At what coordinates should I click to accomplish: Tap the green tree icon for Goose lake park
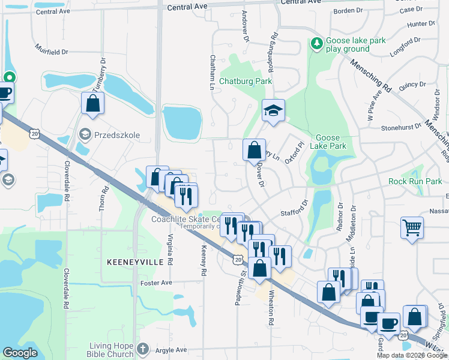coord(316,43)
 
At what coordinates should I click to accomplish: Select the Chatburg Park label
coord(246,81)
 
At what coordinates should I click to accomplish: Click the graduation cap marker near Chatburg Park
coord(273,110)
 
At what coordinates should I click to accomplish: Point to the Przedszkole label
coord(117,135)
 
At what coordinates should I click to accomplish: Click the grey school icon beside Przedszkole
coord(85,134)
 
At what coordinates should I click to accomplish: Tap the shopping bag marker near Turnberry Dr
coord(93,103)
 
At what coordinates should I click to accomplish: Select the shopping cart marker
coord(412,227)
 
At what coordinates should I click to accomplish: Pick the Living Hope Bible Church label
coord(111,349)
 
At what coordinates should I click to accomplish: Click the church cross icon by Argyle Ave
coord(143,347)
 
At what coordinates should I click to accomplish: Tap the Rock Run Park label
coord(415,181)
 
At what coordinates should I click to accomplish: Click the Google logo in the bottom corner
coord(20,353)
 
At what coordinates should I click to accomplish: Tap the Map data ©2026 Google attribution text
coord(412,355)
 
